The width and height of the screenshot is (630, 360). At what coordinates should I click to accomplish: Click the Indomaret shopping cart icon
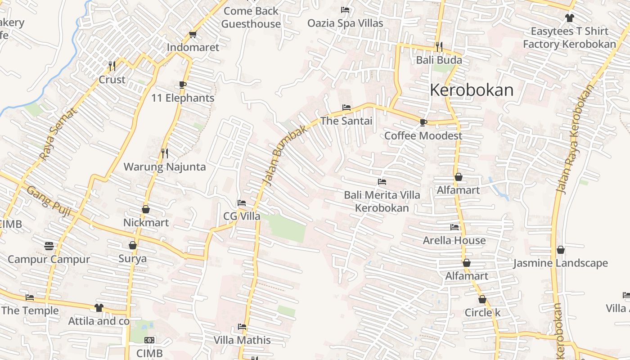tap(193, 34)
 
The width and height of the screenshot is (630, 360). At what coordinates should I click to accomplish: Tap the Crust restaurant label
tap(112, 80)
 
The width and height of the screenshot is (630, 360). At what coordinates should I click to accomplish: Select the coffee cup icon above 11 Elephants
tap(182, 85)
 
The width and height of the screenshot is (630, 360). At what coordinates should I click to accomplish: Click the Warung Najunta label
tap(165, 167)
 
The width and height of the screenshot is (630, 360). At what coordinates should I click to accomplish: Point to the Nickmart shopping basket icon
tap(146, 209)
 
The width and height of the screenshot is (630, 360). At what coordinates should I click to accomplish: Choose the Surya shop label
tap(133, 259)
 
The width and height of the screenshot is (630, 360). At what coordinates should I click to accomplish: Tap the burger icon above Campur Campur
tap(49, 246)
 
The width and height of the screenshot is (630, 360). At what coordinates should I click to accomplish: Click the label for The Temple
tap(30, 310)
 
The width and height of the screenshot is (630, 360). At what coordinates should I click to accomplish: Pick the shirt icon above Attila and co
tap(99, 308)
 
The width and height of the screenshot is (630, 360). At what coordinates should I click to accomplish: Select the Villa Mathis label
tap(242, 340)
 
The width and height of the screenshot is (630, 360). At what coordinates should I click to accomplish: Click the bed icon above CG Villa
tap(242, 203)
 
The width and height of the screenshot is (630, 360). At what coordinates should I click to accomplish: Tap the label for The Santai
tap(346, 121)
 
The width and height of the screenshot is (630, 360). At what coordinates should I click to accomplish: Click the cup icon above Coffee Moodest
tap(423, 122)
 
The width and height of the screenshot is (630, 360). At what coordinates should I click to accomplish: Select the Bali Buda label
tap(439, 60)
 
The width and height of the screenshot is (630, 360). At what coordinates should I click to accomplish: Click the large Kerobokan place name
tap(472, 90)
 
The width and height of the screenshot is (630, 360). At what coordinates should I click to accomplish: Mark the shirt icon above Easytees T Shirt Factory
tap(570, 18)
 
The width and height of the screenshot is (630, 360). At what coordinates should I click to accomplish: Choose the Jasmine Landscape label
tap(560, 263)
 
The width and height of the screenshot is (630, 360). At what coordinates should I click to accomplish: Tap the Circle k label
tap(482, 312)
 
